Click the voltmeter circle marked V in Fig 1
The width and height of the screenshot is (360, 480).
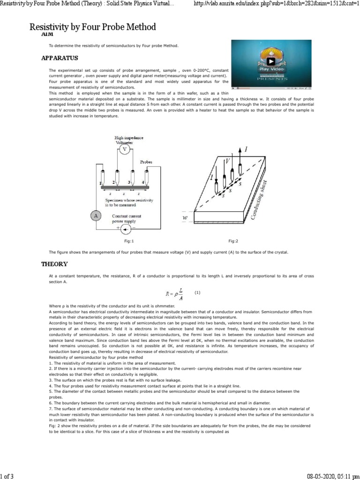(124, 150)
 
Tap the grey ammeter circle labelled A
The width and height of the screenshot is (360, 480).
(96, 216)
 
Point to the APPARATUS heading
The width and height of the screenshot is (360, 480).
(60, 58)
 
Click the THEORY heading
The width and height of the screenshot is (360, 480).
(54, 264)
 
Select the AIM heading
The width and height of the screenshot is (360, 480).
(47, 34)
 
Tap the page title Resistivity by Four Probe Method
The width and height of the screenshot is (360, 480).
(93, 27)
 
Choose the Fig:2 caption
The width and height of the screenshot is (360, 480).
(233, 241)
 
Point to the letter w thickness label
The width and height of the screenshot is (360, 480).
(185, 218)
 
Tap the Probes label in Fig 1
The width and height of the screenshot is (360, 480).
(146, 162)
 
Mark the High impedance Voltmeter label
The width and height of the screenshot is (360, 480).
(129, 140)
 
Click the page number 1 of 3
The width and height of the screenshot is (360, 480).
(7, 476)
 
